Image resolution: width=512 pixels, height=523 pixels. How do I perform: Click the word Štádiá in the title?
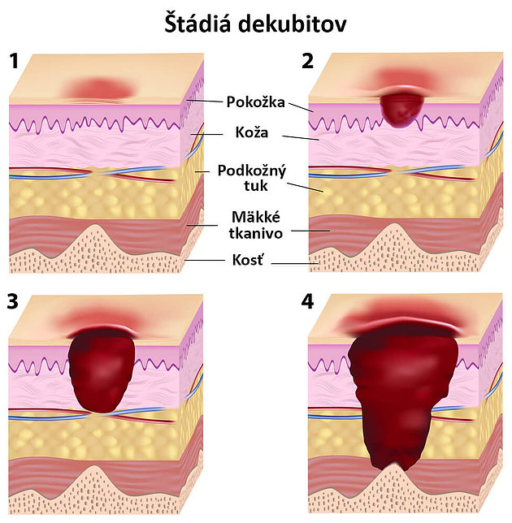pyautogui.click(x=197, y=23)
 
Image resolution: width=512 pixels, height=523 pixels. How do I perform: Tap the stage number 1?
pyautogui.click(x=14, y=62)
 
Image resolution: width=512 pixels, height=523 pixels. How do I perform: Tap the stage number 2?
pyautogui.click(x=307, y=62)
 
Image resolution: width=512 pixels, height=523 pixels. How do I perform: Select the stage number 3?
pyautogui.click(x=13, y=302)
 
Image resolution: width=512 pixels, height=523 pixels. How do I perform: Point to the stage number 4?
pyautogui.click(x=307, y=302)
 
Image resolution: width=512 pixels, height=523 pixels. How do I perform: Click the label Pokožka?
pyautogui.click(x=256, y=102)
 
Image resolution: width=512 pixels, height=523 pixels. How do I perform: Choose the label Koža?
pyautogui.click(x=252, y=132)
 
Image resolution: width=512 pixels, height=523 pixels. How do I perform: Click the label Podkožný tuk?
pyautogui.click(x=252, y=178)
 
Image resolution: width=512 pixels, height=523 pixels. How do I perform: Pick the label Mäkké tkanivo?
pyautogui.click(x=256, y=225)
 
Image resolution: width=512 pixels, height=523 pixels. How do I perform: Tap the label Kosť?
pyautogui.click(x=248, y=260)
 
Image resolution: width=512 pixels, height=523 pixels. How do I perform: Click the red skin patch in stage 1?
pyautogui.click(x=100, y=89)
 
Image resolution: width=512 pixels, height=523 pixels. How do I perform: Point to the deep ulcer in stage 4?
pyautogui.click(x=403, y=394)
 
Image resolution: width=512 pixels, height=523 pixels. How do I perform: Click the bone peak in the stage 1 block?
pyautogui.click(x=94, y=226)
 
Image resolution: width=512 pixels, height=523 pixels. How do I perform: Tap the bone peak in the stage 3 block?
pyautogui.click(x=94, y=467)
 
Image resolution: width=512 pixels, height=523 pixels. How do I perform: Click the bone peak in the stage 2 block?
pyautogui.click(x=394, y=224)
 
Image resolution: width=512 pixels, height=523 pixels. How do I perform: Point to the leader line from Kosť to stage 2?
pyautogui.click(x=295, y=263)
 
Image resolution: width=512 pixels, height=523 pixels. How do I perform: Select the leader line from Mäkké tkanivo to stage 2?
pyautogui.click(x=310, y=231)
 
